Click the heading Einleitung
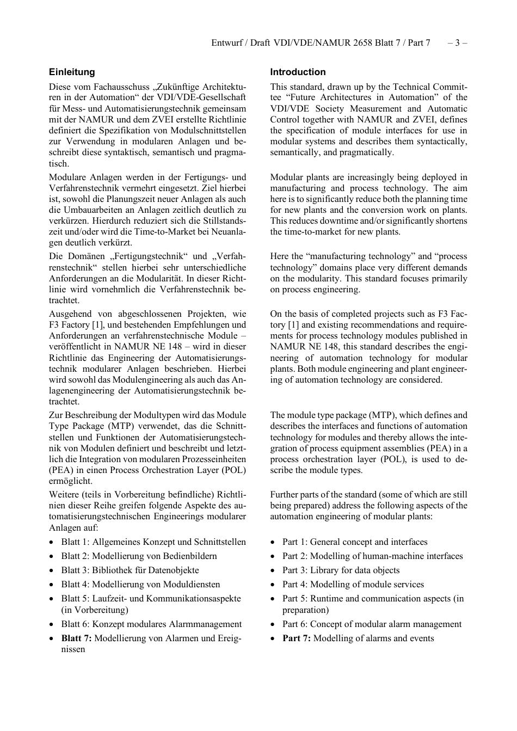point(72,72)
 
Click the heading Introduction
point(298,72)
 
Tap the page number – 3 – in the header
point(457,42)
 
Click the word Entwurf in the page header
point(227,42)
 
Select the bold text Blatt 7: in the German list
point(76,638)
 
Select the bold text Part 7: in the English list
point(297,638)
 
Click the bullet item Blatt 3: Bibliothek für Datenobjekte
point(130,570)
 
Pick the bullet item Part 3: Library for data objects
point(341,570)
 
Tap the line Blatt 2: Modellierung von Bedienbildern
point(139,556)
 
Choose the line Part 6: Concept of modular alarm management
point(372,624)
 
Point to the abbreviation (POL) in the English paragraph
point(393,459)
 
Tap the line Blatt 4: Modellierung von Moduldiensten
point(140,584)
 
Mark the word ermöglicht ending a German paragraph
point(71,481)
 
